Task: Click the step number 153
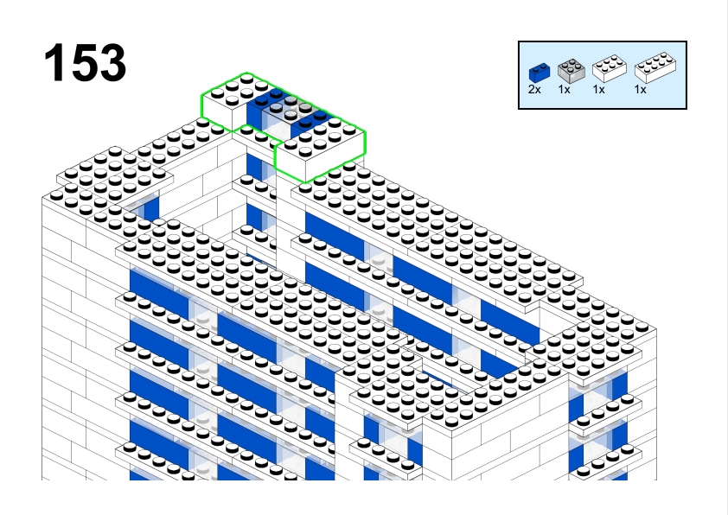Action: click(85, 62)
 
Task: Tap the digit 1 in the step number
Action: click(54, 62)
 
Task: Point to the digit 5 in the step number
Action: click(84, 62)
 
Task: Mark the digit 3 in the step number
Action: click(112, 62)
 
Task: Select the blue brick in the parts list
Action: click(540, 73)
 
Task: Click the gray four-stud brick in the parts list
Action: click(571, 71)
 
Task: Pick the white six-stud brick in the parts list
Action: click(610, 68)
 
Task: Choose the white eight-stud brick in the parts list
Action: click(655, 67)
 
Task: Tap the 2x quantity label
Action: click(534, 90)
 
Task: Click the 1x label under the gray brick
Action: click(564, 90)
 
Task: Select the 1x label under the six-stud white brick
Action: click(599, 90)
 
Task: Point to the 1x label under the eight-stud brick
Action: click(641, 90)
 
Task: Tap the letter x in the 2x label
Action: click(538, 91)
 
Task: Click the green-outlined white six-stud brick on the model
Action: click(227, 102)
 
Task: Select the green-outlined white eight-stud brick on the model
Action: click(321, 149)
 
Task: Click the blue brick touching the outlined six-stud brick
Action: click(260, 109)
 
